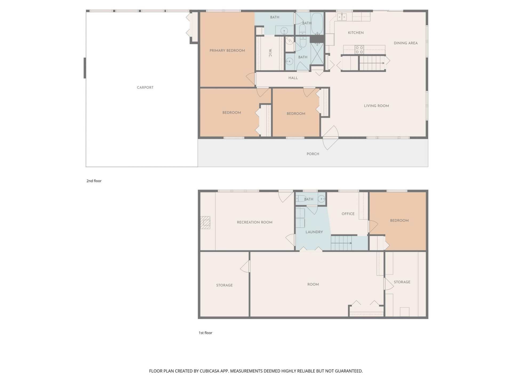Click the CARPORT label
point(145,87)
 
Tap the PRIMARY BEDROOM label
point(227,51)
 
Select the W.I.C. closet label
point(270,53)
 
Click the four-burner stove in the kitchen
point(359,50)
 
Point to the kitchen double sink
point(342,17)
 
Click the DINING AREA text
point(406,43)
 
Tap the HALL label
point(293,78)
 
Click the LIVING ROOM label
point(376,106)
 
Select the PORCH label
point(313,154)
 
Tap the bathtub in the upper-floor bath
point(317,23)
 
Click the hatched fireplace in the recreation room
point(205,222)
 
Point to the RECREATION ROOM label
point(254,222)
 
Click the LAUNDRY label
point(314,232)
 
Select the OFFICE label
point(348,214)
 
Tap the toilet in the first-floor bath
point(300,199)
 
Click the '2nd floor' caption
point(94,181)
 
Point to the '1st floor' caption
point(205,333)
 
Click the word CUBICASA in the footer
point(209,371)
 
